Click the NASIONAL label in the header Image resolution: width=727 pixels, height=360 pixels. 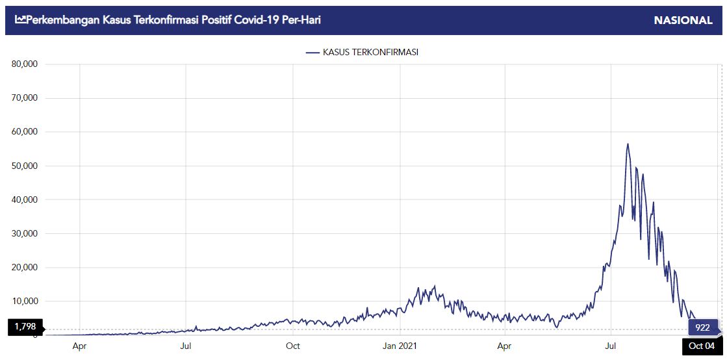683,20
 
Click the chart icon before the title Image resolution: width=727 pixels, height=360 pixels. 19,20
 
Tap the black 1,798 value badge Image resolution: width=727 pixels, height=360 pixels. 25,326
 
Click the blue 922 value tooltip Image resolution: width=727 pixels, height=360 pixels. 702,328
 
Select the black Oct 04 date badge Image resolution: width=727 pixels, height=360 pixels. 702,346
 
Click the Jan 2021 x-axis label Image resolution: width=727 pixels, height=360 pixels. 400,346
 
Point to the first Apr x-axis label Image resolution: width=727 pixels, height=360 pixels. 79,346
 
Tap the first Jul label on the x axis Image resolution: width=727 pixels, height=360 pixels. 186,346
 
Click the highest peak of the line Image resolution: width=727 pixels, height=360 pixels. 628,144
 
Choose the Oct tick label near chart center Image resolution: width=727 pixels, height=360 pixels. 292,346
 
